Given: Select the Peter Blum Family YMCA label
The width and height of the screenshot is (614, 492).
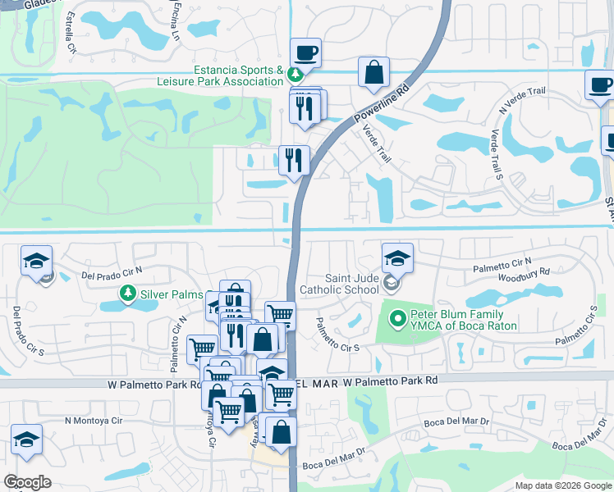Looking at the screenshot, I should click(x=465, y=320).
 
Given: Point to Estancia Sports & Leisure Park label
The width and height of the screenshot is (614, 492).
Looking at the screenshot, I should click(x=220, y=76).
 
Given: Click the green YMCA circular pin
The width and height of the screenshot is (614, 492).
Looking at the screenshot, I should click(x=398, y=317).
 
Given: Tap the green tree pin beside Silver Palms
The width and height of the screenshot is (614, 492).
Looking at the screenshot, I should click(x=127, y=293).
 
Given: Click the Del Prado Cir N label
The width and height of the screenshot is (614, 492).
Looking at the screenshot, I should click(x=112, y=271).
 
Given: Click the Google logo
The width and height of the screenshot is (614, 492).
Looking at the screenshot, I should click(x=27, y=482).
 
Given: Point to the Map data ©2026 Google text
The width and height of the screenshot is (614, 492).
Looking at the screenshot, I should click(x=562, y=485).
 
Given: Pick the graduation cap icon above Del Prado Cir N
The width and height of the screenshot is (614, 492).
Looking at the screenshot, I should click(x=37, y=260).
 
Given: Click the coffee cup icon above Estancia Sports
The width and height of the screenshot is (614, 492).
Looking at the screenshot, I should click(x=305, y=53).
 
